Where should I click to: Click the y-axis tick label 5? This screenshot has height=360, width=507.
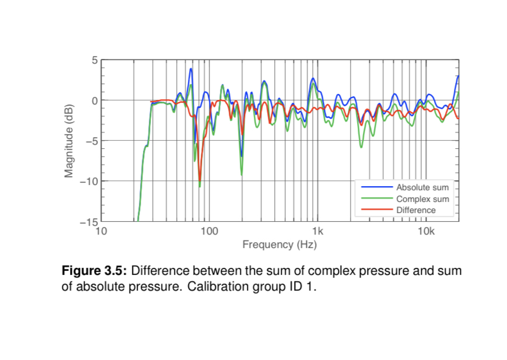tap(94, 60)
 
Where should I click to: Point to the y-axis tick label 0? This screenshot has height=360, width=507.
tap(94, 100)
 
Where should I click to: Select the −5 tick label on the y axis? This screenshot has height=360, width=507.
tap(91, 141)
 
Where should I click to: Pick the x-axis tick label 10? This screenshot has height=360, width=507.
tap(101, 232)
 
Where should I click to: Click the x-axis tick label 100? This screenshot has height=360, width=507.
tap(209, 232)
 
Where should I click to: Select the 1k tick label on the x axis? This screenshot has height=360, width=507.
tap(318, 232)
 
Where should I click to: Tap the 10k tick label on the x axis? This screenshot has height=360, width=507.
tap(426, 232)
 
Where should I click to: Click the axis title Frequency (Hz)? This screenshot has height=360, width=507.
tap(279, 244)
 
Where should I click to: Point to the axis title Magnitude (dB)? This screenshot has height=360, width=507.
tap(69, 141)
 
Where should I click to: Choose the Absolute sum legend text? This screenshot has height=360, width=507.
tap(422, 188)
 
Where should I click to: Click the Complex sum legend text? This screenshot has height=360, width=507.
tap(422, 199)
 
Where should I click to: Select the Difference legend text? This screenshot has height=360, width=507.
tap(415, 210)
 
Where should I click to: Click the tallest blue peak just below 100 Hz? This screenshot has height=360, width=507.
tap(191, 69)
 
